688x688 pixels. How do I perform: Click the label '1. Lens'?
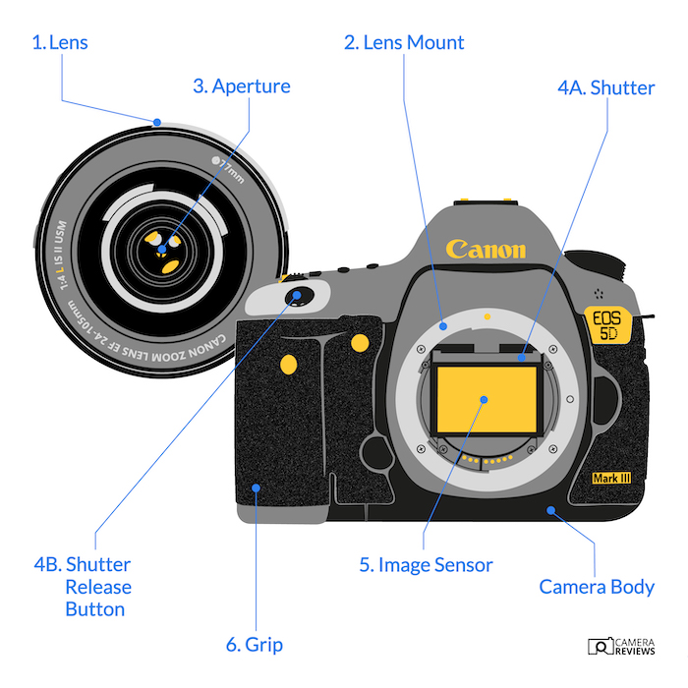coord(60,43)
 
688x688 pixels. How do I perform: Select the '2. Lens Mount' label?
coord(404,43)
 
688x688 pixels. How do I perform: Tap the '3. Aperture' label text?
coord(241,86)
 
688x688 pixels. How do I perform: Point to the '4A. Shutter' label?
coord(605,87)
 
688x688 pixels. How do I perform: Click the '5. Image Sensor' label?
coord(426,565)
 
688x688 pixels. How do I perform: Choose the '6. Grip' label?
coord(255,645)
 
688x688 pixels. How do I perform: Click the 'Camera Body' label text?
coord(597,588)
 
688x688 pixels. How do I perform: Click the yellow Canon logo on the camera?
coord(486,249)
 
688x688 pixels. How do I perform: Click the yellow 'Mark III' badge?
coord(610,479)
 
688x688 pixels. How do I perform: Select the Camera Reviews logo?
coord(622,646)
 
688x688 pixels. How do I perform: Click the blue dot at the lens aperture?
coord(163,237)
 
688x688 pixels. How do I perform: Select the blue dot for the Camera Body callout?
coord(551,510)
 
